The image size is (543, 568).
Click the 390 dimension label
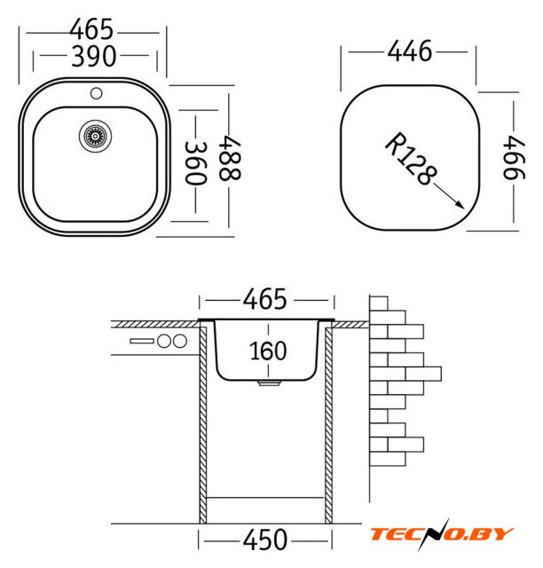tap(94, 56)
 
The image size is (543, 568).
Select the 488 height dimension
tap(229, 158)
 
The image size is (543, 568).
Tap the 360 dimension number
tap(196, 163)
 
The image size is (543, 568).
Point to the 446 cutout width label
tap(410, 51)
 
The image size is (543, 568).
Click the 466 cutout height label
tap(514, 158)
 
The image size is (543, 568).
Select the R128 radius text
tap(411, 159)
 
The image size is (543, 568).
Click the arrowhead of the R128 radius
tap(460, 205)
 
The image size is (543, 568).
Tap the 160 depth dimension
tap(268, 351)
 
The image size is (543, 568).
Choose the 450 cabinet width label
tap(265, 540)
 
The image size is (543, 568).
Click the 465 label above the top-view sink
tap(91, 29)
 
